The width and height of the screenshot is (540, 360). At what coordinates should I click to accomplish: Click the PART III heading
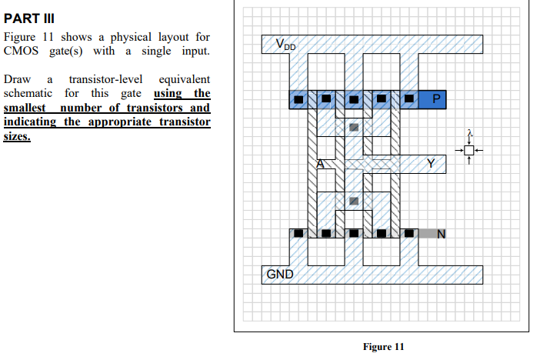point(29,17)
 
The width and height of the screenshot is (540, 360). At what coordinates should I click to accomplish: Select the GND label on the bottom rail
point(278,274)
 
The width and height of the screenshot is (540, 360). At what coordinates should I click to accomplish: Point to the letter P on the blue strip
point(436,98)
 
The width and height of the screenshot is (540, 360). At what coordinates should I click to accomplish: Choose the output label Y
point(431,163)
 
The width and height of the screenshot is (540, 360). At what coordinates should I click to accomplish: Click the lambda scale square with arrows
point(470,149)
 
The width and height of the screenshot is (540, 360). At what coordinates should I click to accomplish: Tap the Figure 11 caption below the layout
point(382,347)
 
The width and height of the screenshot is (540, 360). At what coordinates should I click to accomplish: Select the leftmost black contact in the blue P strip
point(299,98)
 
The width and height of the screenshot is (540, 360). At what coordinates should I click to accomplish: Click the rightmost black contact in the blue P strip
point(408,98)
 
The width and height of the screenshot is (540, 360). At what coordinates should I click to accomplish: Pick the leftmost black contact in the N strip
point(299,232)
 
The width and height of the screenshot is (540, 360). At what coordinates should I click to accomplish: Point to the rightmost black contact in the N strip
point(408,232)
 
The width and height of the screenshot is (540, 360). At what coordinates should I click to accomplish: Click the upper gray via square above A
point(354,127)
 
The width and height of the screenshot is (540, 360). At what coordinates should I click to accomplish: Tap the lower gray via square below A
point(354,200)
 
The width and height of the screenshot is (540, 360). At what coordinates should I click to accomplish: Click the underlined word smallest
point(29,107)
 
